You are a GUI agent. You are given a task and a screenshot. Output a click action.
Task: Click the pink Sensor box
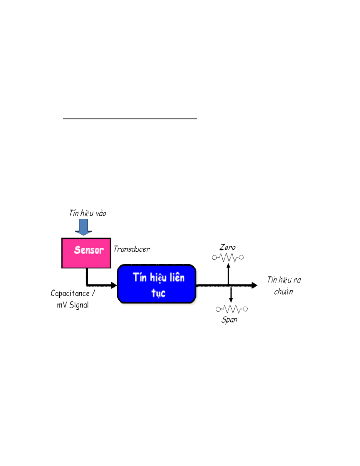point(86,253)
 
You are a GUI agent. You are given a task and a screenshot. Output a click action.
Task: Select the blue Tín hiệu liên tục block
point(157,284)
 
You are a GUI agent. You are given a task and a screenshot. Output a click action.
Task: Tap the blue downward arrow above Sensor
point(83,227)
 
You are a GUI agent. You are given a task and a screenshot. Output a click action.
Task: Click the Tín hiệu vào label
point(88,213)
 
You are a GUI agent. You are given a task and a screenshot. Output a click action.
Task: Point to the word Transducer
point(132,249)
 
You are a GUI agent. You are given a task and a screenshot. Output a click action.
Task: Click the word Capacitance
point(70,293)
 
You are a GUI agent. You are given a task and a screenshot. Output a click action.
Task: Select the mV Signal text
point(73,305)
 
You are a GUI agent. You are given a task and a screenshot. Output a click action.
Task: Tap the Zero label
point(227,248)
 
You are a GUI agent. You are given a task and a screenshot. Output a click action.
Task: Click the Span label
point(229,320)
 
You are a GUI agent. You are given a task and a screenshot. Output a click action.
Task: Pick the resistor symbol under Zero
point(228,258)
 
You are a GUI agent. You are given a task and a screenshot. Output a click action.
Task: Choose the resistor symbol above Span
point(232,309)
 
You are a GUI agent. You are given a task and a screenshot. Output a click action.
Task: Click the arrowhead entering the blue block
point(114,285)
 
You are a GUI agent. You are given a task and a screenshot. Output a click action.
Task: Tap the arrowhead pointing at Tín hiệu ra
point(254,285)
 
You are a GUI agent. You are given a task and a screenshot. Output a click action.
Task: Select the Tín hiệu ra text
point(284,280)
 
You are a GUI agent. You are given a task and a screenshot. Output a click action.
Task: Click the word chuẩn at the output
point(283,292)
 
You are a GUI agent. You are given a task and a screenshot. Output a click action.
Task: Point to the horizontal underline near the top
point(130,119)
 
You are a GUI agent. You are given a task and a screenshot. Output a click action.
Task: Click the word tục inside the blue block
point(158,293)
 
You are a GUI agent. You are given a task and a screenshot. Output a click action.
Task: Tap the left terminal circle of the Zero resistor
point(215,258)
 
